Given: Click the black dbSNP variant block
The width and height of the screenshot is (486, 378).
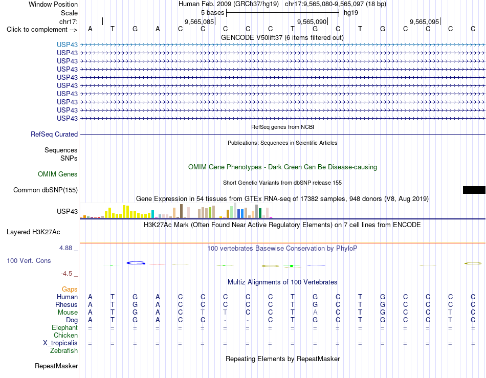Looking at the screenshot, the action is pos(474,190).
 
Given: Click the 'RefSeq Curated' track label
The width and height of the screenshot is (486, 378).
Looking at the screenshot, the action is pos(54,134).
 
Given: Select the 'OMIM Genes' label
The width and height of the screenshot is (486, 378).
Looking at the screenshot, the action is pos(58,174).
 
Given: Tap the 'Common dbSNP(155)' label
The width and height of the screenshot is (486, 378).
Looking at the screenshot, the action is pos(46,190).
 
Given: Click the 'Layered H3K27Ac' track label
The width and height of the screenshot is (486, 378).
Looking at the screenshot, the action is pos(33,232).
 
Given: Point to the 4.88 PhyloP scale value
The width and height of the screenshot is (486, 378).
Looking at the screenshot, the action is pos(65,248).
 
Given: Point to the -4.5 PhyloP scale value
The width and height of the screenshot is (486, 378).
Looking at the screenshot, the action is pos(67,274).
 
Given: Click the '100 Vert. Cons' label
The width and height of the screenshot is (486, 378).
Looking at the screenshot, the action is pos(29,260).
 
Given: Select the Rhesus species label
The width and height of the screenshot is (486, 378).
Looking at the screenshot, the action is pos(67,304).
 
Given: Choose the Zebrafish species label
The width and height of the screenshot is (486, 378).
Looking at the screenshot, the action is pos(64,351).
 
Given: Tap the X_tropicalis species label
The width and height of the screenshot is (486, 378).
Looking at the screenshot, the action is pos(60,343).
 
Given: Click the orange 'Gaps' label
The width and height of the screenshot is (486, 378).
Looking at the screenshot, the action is pos(70,289).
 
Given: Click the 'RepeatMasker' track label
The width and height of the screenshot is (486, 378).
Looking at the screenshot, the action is pos(56,366).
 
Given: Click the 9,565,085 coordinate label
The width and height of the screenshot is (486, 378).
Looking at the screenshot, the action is pos(200,21).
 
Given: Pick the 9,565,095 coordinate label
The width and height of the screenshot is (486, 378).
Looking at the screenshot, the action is pos(424,21).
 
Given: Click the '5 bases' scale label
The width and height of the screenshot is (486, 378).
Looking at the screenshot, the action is pos(213,13).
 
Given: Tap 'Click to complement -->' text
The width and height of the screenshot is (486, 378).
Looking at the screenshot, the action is pos(42,30).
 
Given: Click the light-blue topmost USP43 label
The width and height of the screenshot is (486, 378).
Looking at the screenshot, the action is pos(67,45).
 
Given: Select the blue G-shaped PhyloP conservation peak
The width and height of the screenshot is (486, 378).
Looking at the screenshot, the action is pos(136,263).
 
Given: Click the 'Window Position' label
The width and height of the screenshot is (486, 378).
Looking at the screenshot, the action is pos(53,4).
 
